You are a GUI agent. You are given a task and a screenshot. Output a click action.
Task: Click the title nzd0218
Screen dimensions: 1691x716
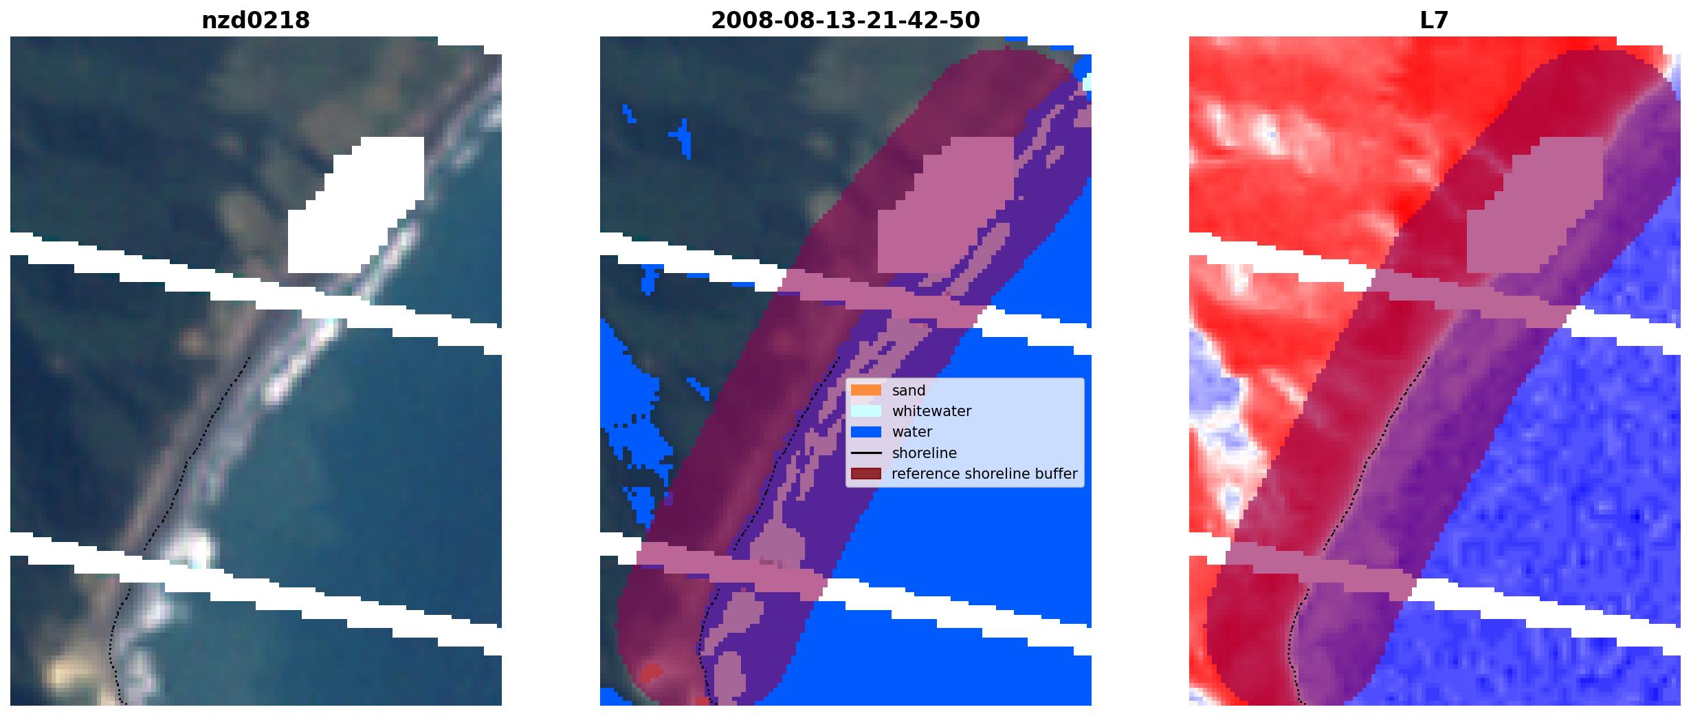click(256, 21)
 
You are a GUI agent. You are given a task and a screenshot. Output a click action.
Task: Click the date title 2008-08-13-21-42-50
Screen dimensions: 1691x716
click(845, 21)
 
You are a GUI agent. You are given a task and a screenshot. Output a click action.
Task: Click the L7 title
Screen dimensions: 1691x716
click(1434, 21)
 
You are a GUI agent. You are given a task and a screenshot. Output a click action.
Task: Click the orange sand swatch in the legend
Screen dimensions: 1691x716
click(866, 390)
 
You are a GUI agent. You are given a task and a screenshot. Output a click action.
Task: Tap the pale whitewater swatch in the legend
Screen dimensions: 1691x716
click(866, 411)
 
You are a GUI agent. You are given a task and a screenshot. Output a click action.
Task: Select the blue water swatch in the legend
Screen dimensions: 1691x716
click(866, 432)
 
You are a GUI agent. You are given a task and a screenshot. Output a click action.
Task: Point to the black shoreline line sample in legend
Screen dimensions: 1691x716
click(866, 453)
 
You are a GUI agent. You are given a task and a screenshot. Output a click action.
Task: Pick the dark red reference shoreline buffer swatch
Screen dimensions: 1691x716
click(866, 474)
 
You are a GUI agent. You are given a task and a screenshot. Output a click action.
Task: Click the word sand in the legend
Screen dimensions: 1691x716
click(909, 391)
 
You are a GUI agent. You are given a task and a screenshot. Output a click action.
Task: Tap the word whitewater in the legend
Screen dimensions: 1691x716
click(931, 411)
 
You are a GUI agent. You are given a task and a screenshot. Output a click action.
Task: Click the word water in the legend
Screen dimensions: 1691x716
click(912, 432)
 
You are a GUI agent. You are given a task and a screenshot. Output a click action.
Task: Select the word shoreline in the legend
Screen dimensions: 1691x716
click(925, 453)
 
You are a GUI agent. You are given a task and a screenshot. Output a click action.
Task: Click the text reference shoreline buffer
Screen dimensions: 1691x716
click(984, 474)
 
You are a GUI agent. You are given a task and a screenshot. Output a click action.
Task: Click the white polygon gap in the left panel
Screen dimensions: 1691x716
click(357, 206)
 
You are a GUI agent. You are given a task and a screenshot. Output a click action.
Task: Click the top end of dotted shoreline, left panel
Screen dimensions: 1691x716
click(249, 357)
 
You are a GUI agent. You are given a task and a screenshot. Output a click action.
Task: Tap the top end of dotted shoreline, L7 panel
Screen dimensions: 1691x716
click(1430, 357)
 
